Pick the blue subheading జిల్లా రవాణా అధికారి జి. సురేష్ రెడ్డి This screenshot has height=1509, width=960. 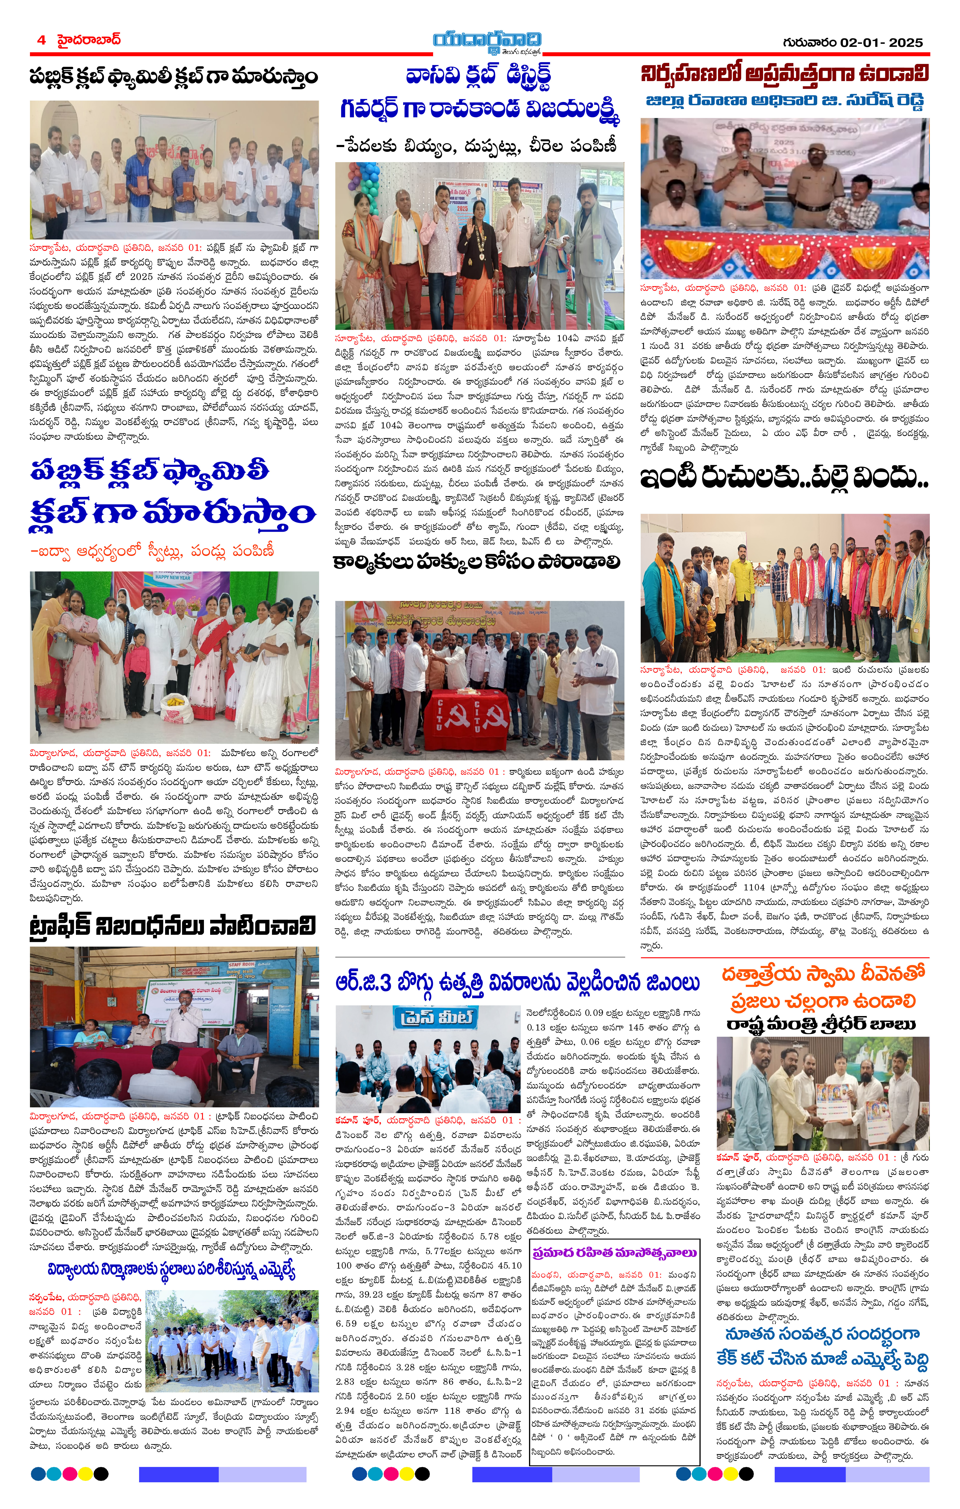click(x=785, y=101)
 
